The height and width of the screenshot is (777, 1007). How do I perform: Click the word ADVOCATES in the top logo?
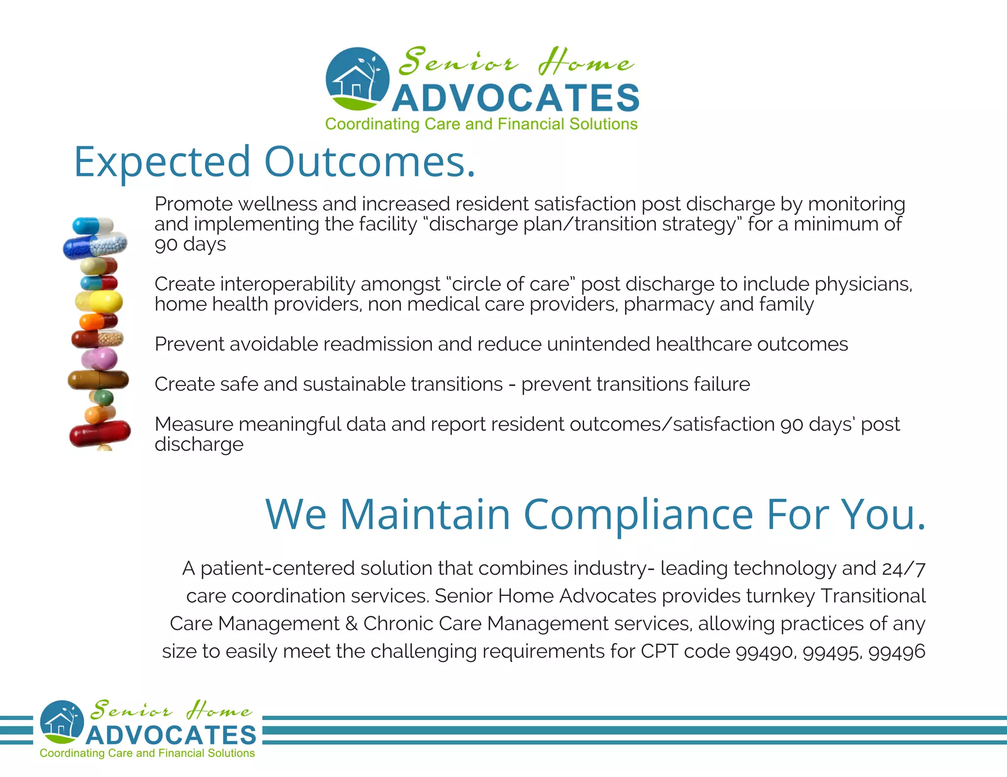coord(515,98)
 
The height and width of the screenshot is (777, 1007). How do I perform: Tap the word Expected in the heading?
coord(162,162)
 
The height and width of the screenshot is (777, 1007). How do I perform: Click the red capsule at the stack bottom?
coord(100,433)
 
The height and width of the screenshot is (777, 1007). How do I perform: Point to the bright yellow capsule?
coord(100,301)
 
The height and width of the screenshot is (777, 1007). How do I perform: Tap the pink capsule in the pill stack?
coord(99,359)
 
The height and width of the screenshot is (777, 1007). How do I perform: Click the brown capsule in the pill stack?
coord(98,380)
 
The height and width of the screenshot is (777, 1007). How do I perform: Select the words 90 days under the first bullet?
coord(190,244)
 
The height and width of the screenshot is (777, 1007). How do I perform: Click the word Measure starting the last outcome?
coord(194,424)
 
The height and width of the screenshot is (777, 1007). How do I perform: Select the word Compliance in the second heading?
coord(638,515)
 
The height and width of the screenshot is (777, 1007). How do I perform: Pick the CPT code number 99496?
coord(897,652)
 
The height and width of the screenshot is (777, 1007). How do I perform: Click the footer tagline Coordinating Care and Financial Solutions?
coord(147,753)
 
